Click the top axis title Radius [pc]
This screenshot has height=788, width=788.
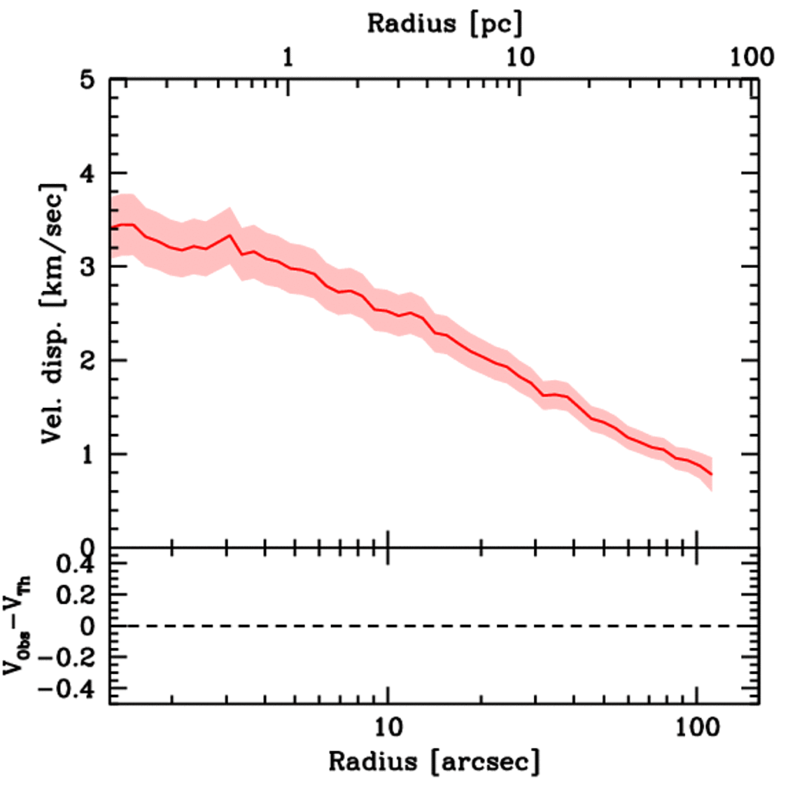[445, 23]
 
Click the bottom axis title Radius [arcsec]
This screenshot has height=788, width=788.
[434, 762]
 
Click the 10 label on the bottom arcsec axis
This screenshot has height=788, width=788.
[387, 725]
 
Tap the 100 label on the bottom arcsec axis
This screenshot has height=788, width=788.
[696, 725]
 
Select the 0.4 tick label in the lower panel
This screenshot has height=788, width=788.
[81, 565]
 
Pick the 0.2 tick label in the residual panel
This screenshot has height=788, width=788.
[81, 596]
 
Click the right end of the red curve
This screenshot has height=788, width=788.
[712, 475]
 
